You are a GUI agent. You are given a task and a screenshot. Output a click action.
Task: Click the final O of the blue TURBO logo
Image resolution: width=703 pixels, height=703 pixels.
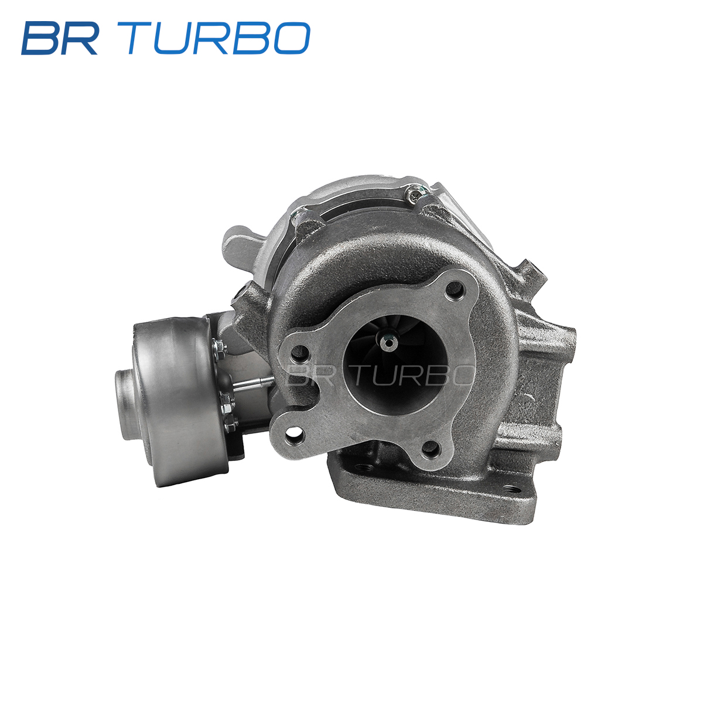pos(292,38)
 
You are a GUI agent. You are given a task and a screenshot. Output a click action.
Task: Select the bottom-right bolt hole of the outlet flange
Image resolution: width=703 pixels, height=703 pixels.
pos(431,449)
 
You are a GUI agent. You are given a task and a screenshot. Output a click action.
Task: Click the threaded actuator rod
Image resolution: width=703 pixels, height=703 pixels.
pos(254,383)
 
